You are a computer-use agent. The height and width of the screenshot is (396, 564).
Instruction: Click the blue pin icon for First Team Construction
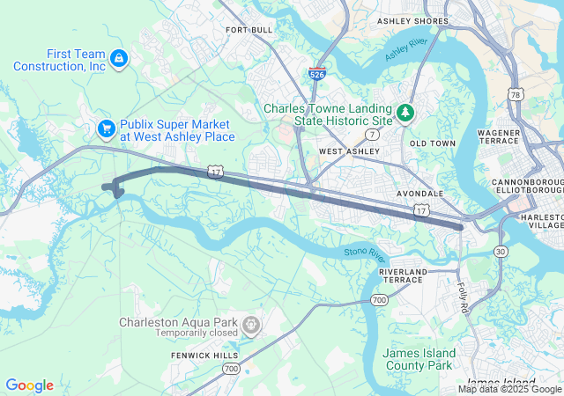click(x=118, y=59)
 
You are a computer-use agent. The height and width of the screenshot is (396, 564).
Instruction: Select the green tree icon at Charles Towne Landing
click(x=404, y=113)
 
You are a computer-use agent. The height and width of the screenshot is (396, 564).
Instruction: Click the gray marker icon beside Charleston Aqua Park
click(x=251, y=326)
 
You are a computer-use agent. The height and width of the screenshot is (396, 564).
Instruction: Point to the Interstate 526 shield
click(x=317, y=74)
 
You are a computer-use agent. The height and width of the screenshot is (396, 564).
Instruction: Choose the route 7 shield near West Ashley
click(x=374, y=135)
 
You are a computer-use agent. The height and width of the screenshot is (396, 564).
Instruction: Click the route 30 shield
click(x=501, y=252)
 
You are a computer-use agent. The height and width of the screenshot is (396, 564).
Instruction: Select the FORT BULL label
click(x=249, y=30)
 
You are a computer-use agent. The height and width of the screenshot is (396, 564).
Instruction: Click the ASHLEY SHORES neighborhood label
click(x=412, y=20)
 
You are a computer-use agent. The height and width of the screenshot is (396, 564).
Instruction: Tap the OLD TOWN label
click(x=433, y=143)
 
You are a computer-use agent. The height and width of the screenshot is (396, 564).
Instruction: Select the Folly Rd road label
click(x=465, y=292)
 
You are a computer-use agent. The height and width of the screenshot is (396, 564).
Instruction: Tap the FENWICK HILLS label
click(x=204, y=355)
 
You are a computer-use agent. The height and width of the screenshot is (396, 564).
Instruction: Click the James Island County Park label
click(x=418, y=359)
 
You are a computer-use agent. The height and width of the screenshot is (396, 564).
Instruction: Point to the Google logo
click(x=30, y=385)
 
